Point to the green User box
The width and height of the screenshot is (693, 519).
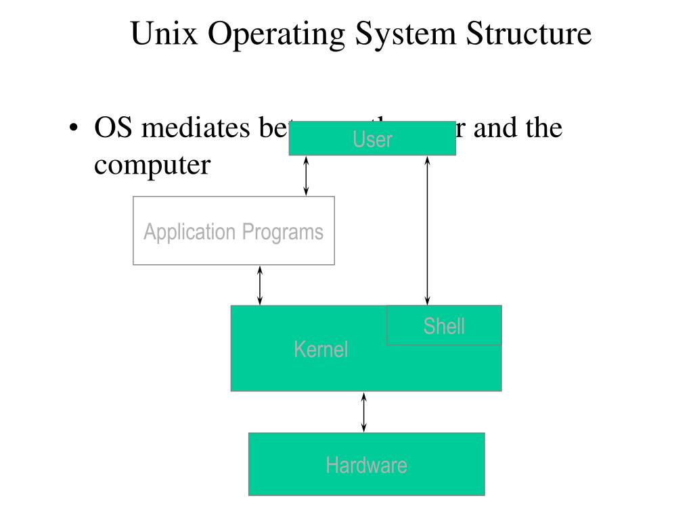372,139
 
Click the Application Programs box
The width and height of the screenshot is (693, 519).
233,230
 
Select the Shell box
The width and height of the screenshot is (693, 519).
444,326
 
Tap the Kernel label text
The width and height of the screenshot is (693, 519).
321,349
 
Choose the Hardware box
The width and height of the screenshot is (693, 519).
366,465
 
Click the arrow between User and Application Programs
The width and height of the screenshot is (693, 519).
307,176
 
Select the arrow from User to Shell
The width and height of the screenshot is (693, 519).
427,230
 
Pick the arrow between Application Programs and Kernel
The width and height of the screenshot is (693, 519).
260,285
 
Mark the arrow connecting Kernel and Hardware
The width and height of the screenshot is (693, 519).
364,412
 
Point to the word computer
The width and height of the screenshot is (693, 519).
152,166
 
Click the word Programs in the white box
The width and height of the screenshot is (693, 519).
283,232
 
